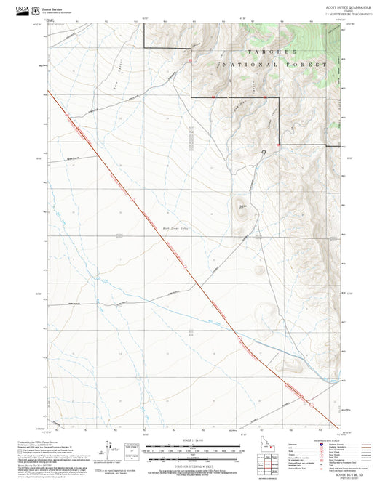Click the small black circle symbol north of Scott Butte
point(264,152)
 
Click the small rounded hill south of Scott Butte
point(260,270)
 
